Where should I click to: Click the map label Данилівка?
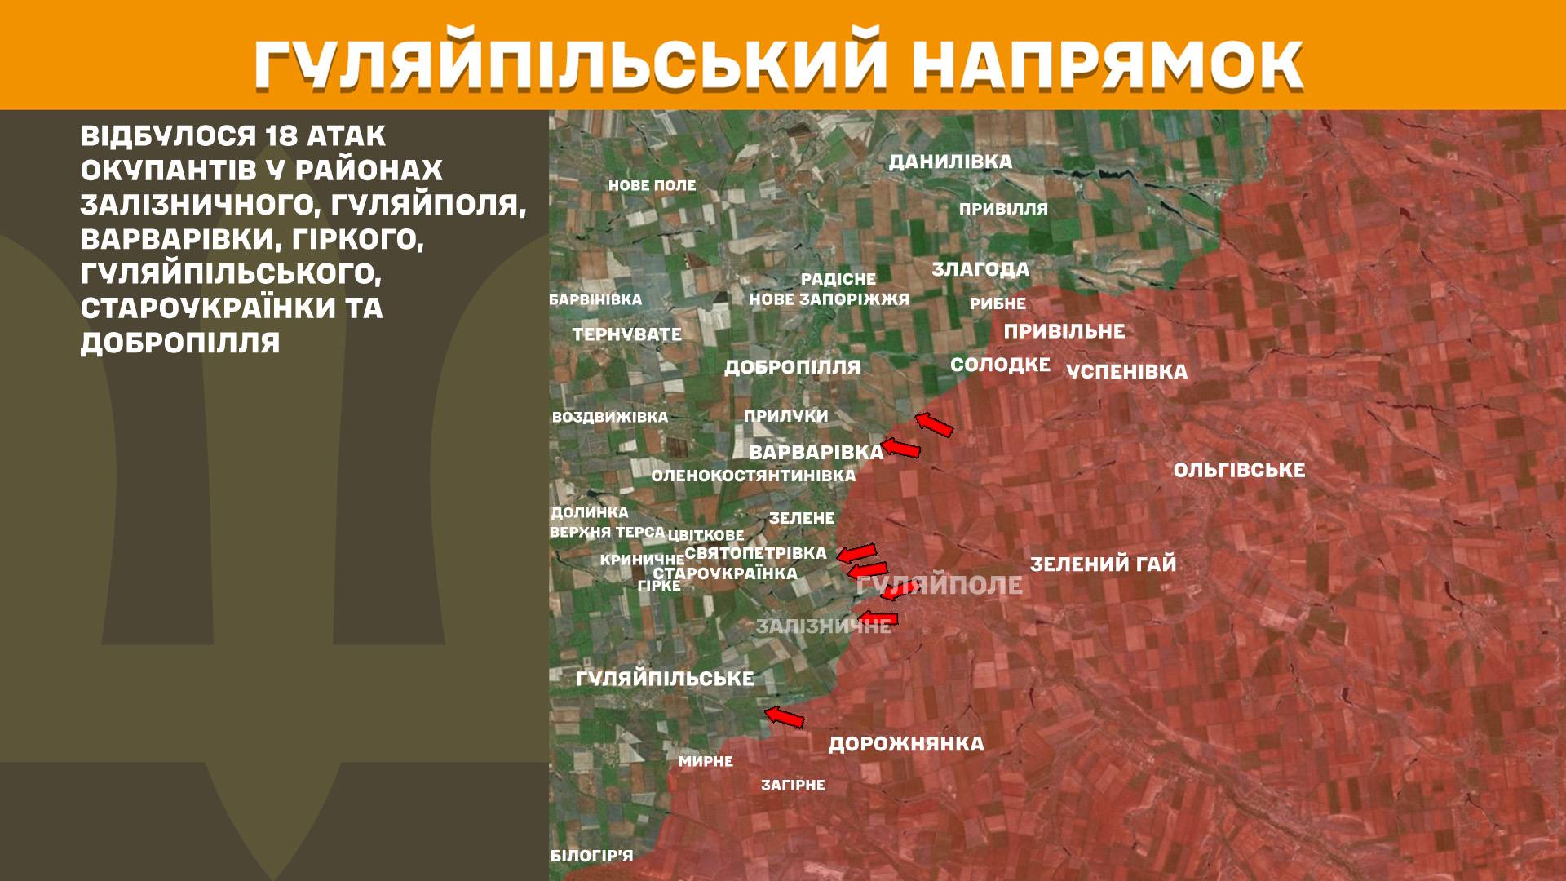pyautogui.click(x=950, y=162)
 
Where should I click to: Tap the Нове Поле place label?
pyautogui.click(x=652, y=186)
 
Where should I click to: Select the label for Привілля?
pyautogui.click(x=1003, y=209)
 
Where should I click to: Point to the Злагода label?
pyautogui.click(x=980, y=269)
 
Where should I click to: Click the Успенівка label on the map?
pyautogui.click(x=1126, y=372)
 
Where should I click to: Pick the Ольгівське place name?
pyautogui.click(x=1239, y=471)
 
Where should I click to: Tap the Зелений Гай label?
pyautogui.click(x=1103, y=564)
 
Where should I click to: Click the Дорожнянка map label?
pyautogui.click(x=906, y=744)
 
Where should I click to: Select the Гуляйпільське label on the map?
pyautogui.click(x=665, y=679)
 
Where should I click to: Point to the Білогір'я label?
pyautogui.click(x=591, y=856)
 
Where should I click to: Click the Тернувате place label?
pyautogui.click(x=626, y=334)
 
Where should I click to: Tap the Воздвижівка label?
pyautogui.click(x=610, y=417)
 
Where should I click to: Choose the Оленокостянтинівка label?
pyautogui.click(x=754, y=476)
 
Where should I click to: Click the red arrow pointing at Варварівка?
pyautogui.click(x=901, y=447)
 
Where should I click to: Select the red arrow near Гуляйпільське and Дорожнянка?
pyautogui.click(x=784, y=717)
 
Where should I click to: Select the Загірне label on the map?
pyautogui.click(x=793, y=786)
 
